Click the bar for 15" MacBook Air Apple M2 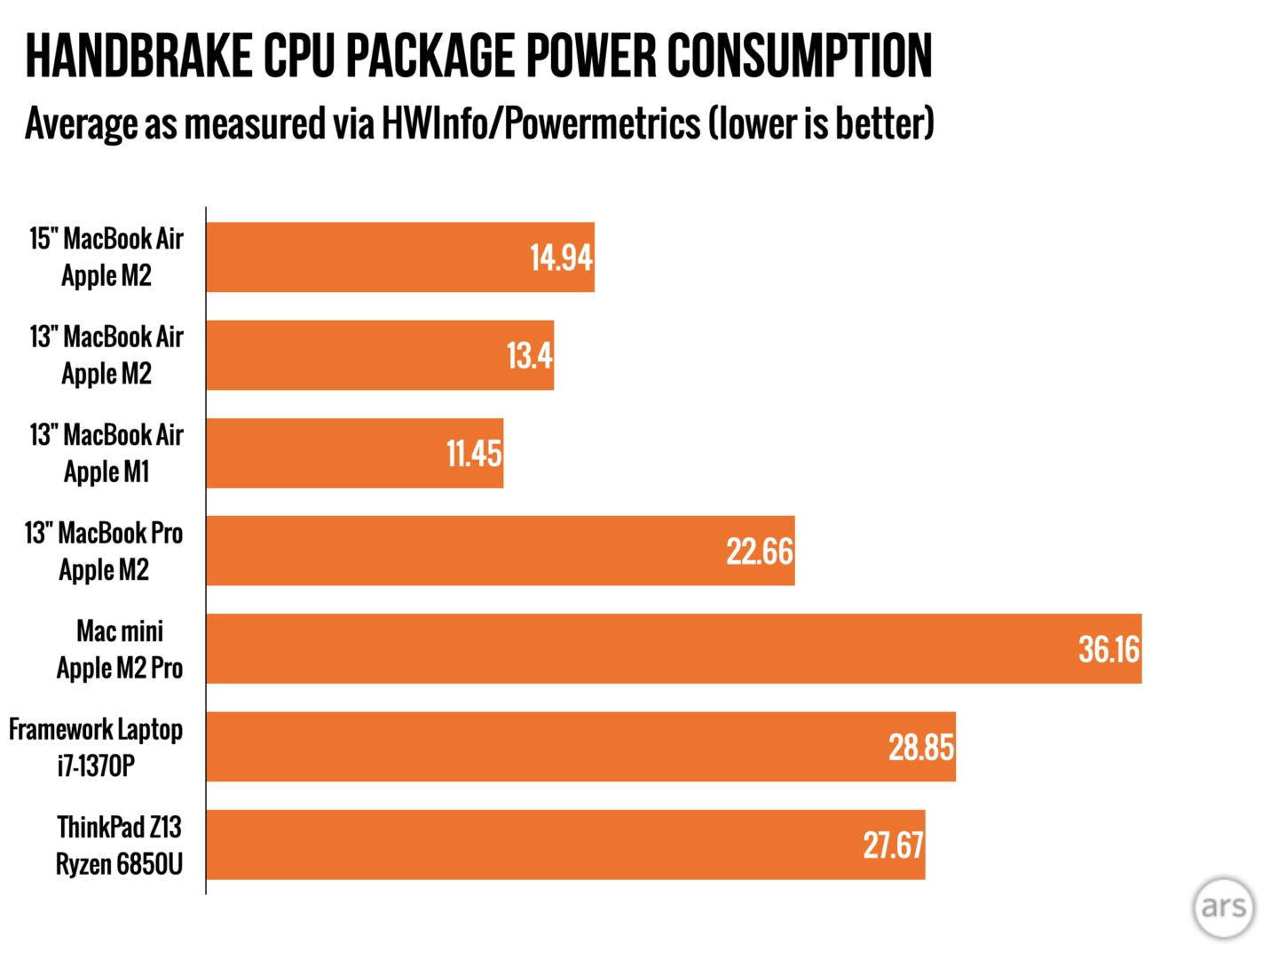point(399,258)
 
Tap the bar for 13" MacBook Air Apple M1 point(354,453)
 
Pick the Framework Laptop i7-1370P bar point(580,747)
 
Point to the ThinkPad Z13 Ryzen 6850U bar point(565,844)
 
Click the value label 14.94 point(561,258)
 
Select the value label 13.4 point(529,356)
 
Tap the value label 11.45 point(474,454)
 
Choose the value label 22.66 point(760,551)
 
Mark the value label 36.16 point(1108,649)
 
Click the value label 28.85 point(921,747)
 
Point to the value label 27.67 point(893,844)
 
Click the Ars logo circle point(1224,907)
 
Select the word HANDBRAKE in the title point(138,56)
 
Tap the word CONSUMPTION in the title point(800,56)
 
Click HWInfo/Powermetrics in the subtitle point(541,123)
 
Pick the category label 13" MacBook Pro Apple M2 point(104,551)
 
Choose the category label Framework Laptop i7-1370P point(96,747)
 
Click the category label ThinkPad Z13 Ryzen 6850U point(119,844)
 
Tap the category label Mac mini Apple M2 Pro point(120,649)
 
